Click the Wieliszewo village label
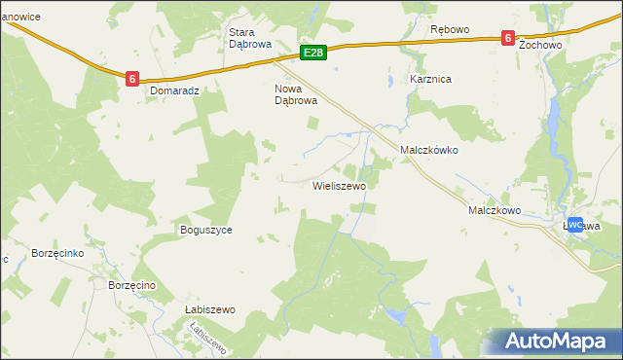tap(339, 185)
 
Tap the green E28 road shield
tap(312, 53)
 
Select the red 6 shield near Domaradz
tap(131, 77)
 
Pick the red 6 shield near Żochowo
tap(507, 38)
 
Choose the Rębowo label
tap(450, 29)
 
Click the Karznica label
tap(430, 80)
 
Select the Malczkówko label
tap(429, 152)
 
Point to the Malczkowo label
tap(495, 210)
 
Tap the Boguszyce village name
tap(205, 231)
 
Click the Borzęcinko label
tap(59, 252)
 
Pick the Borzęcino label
tap(133, 285)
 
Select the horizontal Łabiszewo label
tap(210, 309)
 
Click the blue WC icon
tap(574, 225)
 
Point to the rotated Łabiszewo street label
tap(208, 339)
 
